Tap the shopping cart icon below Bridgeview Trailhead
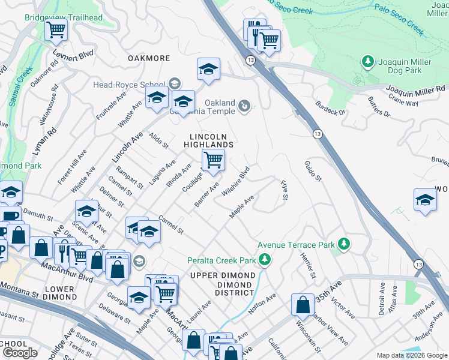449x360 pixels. click(56, 29)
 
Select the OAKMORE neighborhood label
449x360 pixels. click(149, 58)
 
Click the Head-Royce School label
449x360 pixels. click(130, 85)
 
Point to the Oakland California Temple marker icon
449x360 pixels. click(244, 106)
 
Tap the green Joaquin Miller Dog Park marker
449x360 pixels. click(367, 61)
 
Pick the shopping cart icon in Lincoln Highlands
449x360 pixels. click(213, 160)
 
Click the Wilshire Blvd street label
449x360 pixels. click(235, 181)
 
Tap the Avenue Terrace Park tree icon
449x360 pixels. click(344, 244)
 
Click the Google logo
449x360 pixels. click(20, 353)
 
